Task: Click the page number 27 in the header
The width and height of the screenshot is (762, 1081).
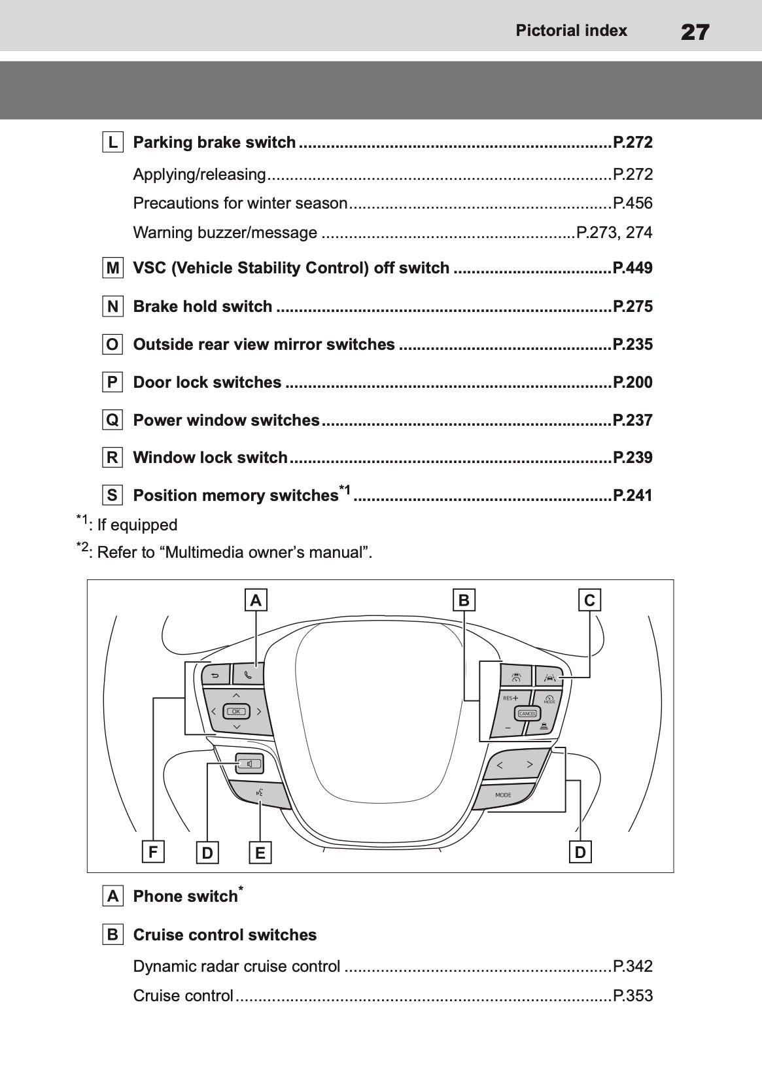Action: (695, 31)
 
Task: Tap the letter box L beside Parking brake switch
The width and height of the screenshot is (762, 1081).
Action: (113, 142)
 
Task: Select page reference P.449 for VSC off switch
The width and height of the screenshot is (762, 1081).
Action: (632, 268)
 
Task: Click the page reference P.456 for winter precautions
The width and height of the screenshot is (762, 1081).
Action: (632, 203)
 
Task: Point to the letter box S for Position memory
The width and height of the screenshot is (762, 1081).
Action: (113, 495)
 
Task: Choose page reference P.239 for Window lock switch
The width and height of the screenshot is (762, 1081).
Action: (632, 458)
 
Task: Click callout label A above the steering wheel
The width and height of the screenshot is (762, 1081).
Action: (256, 600)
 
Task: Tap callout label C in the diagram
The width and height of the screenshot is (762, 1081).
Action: (589, 600)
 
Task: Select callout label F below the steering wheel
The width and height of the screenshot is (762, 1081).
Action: (152, 852)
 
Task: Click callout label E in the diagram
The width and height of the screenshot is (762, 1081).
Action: (260, 853)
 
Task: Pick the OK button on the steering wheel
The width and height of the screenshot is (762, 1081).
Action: (235, 711)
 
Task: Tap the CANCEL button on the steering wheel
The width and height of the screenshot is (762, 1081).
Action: (527, 713)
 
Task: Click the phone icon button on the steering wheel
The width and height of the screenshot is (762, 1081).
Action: (248, 674)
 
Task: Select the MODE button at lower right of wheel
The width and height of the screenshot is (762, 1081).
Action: (503, 795)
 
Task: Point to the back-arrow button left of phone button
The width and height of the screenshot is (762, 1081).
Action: (216, 674)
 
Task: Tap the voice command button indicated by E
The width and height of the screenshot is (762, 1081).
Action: (260, 793)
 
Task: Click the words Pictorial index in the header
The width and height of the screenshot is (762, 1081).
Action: (571, 31)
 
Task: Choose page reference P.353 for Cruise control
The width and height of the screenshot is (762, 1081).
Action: (632, 996)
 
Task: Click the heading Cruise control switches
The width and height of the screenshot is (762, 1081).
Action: (224, 935)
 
